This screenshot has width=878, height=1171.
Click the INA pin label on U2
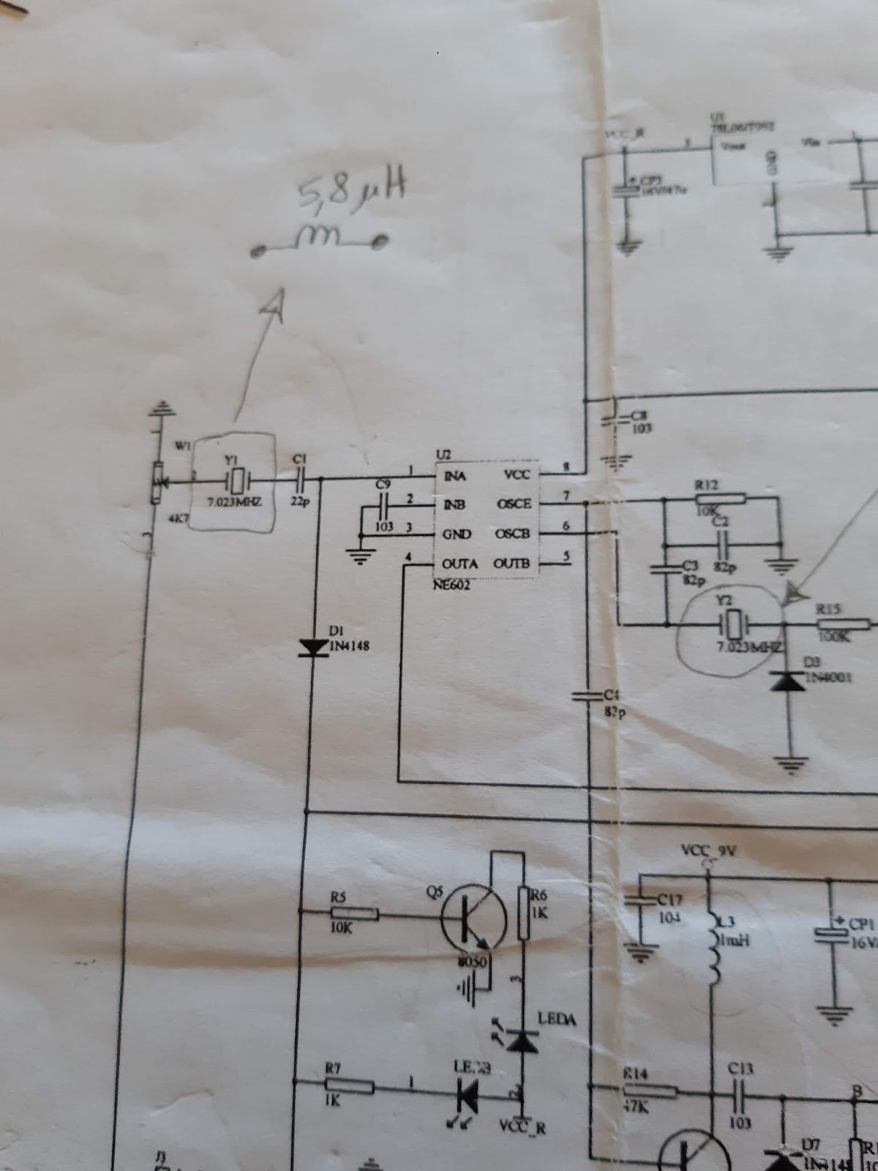click(x=454, y=476)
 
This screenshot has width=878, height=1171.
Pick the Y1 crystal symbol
click(x=237, y=481)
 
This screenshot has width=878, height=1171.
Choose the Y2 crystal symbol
click(x=732, y=625)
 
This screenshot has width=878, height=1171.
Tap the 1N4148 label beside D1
click(x=350, y=646)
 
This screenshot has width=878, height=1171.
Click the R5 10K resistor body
click(x=354, y=913)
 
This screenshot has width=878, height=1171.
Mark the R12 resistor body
click(x=721, y=498)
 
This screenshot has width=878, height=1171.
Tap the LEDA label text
click(x=557, y=1019)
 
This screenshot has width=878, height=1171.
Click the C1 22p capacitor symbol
click(x=300, y=480)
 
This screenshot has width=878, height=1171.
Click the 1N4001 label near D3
click(x=829, y=677)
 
